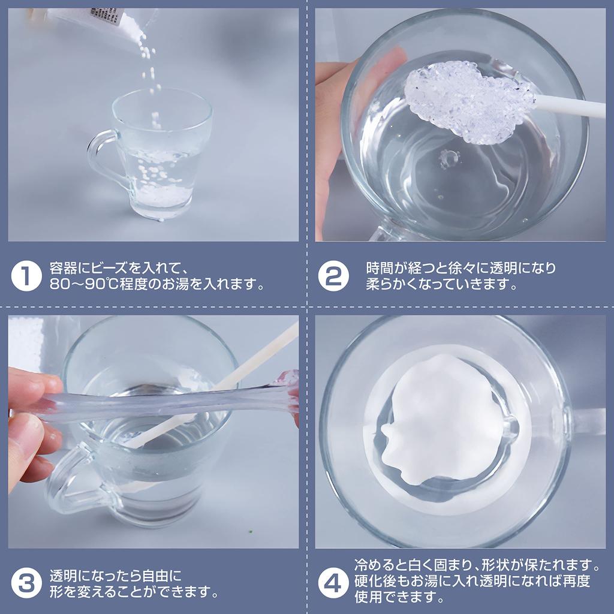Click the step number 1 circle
26,276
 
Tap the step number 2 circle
333,276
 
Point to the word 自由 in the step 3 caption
156,576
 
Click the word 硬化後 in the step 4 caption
375,580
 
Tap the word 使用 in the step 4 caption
368,597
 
